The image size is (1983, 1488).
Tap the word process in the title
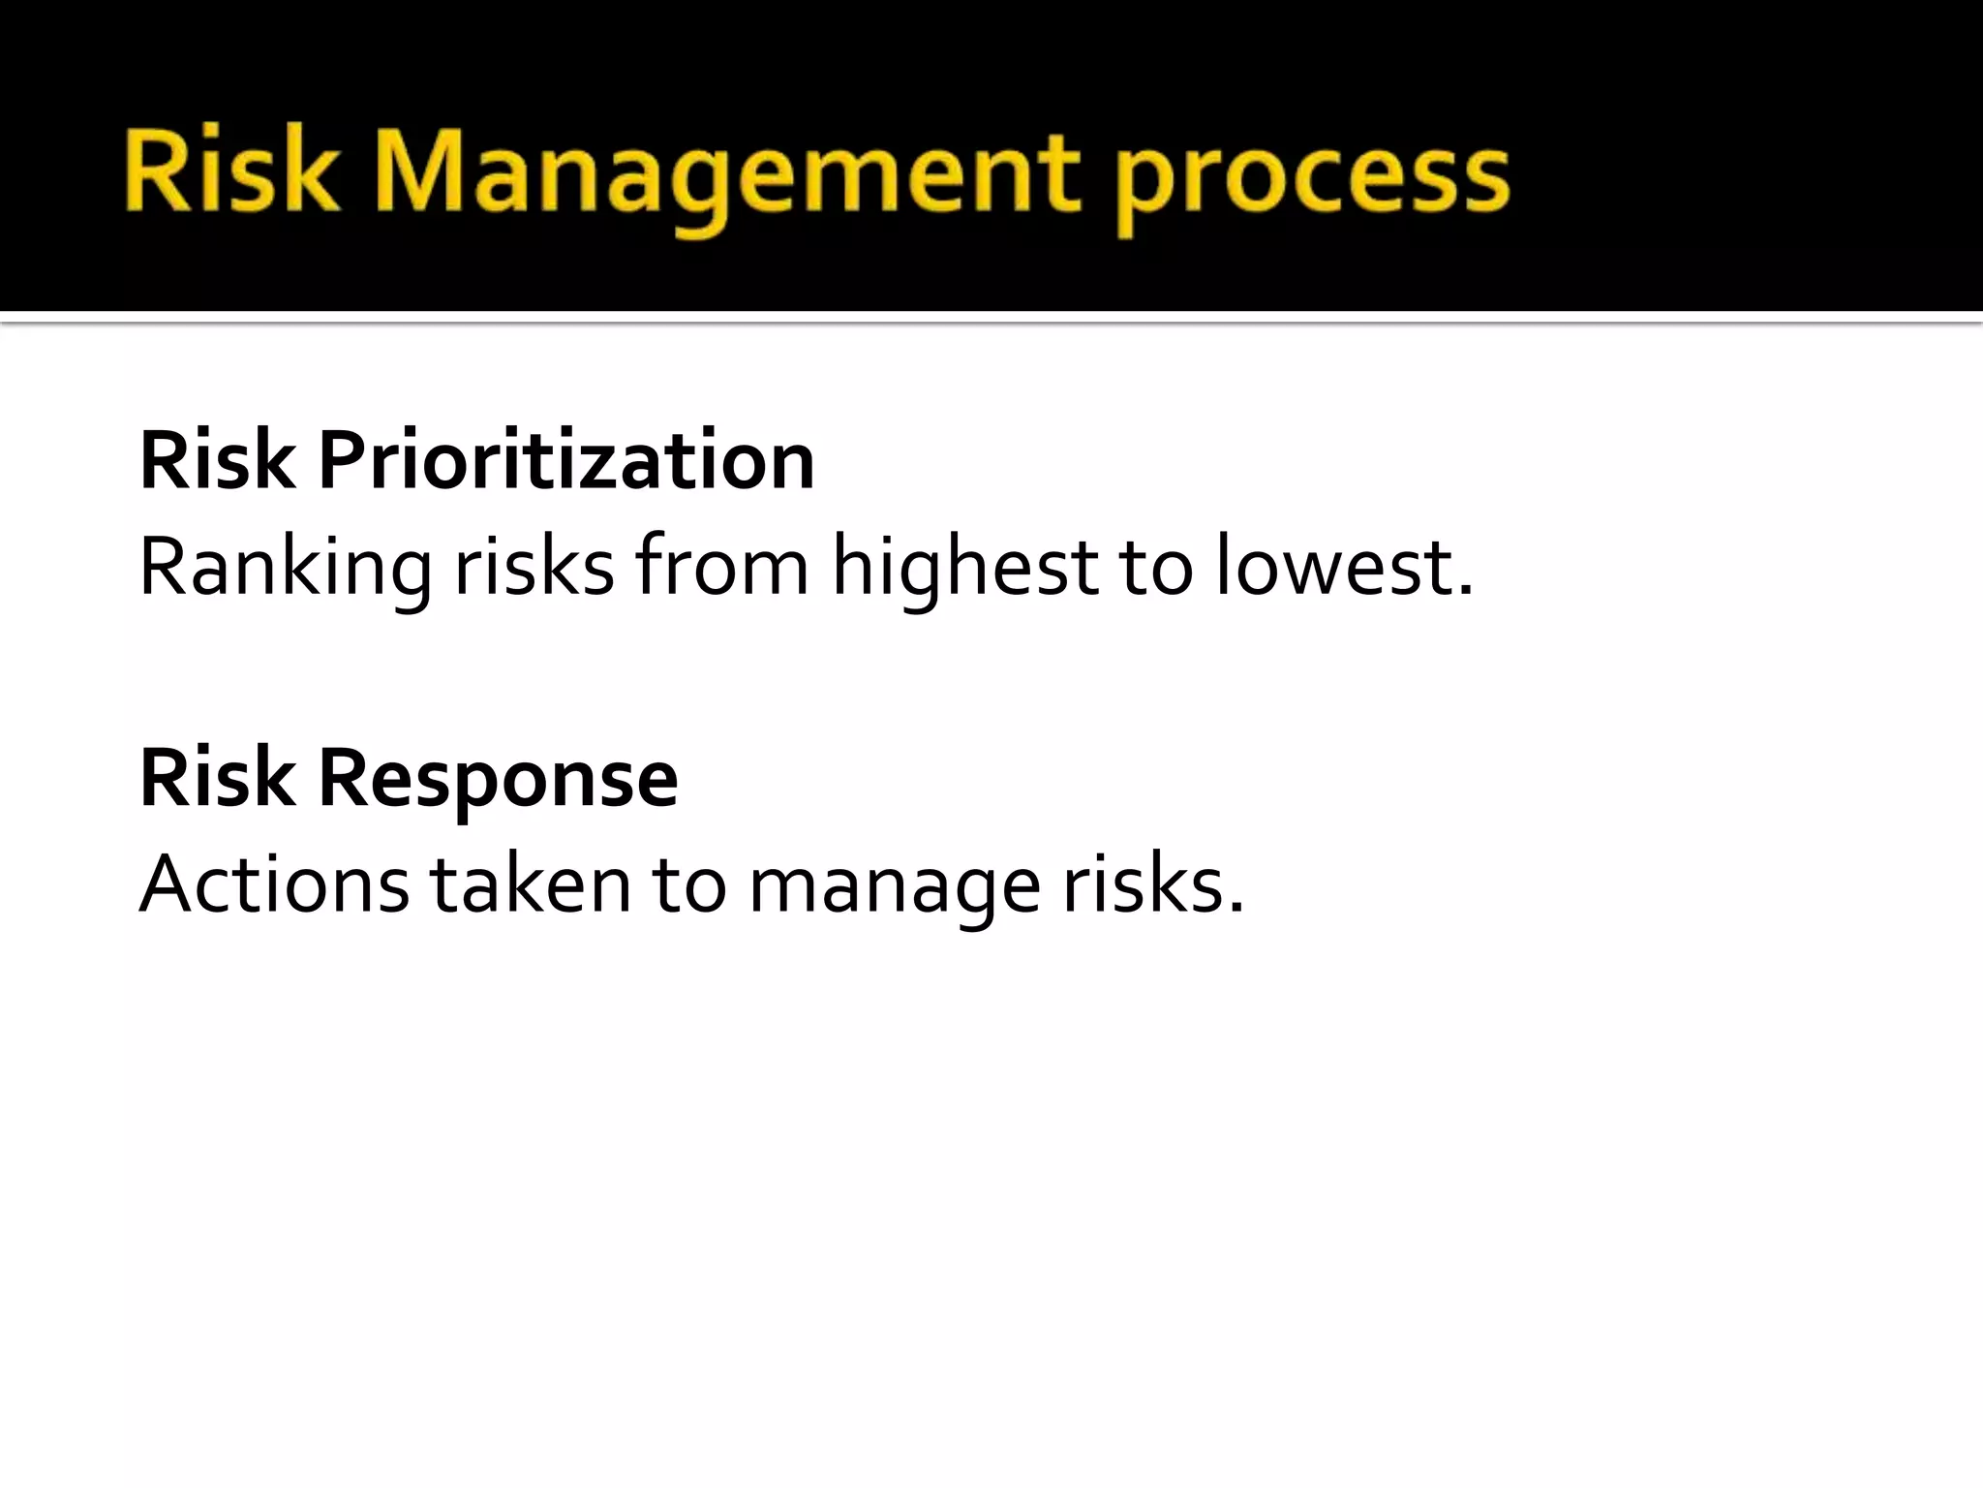pyautogui.click(x=1311, y=179)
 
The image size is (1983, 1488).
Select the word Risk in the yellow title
pyautogui.click(x=232, y=174)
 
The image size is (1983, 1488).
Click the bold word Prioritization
pyautogui.click(x=565, y=461)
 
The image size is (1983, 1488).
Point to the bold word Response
pyautogui.click(x=498, y=779)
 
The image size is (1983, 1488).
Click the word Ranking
pyautogui.click(x=285, y=568)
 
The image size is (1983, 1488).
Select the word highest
pyautogui.click(x=964, y=568)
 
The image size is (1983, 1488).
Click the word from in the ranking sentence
pyautogui.click(x=722, y=566)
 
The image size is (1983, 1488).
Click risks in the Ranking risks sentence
pyautogui.click(x=534, y=568)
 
